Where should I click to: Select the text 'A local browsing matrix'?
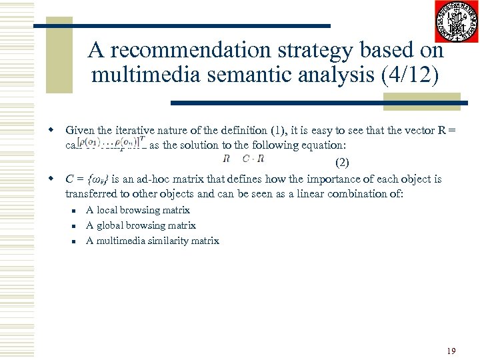(138, 210)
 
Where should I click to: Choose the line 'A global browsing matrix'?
(141, 225)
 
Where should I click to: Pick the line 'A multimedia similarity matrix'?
(153, 241)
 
